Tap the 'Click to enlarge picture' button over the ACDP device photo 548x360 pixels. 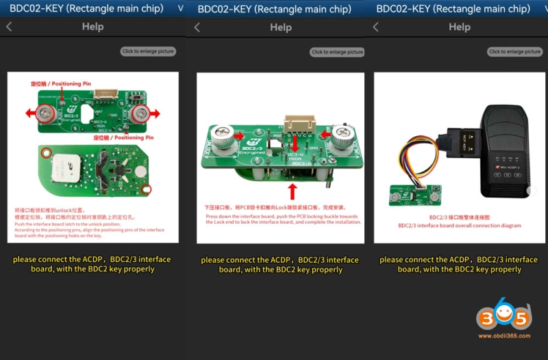[515, 52]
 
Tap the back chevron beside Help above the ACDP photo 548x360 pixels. [375, 27]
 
